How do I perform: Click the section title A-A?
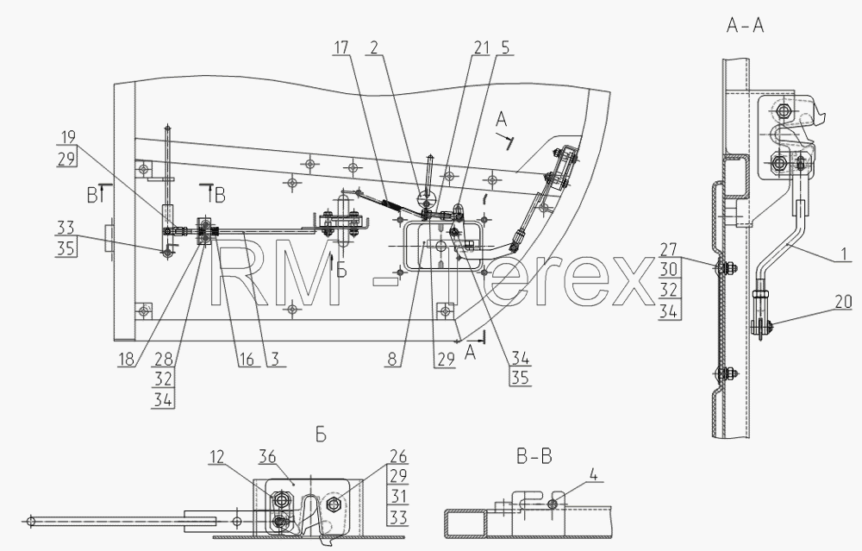[x=745, y=25]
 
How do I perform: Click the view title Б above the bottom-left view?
[x=321, y=435]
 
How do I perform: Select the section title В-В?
[x=534, y=456]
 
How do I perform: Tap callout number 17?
[x=340, y=47]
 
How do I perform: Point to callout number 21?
[x=481, y=47]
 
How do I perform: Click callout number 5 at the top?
[x=504, y=47]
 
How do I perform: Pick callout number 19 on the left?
[x=68, y=137]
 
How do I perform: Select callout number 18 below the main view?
[x=126, y=359]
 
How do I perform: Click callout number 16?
[x=247, y=359]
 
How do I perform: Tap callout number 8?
[x=391, y=359]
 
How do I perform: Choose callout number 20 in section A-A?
[x=843, y=301]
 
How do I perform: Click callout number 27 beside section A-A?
[x=668, y=250]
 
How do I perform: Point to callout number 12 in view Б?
[x=216, y=457]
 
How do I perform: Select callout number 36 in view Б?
[x=267, y=457]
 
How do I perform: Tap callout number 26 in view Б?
[x=398, y=456]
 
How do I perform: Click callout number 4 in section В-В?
[x=592, y=473]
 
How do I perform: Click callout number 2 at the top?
[x=374, y=47]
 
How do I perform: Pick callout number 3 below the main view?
[x=275, y=359]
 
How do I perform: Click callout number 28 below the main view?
[x=163, y=359]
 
